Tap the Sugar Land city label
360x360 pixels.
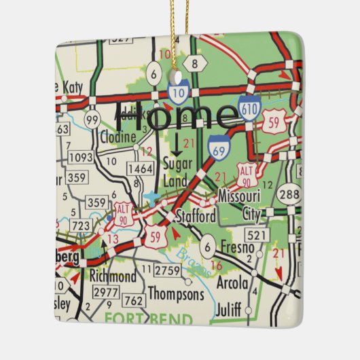click(179, 170)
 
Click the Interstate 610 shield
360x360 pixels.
click(249, 108)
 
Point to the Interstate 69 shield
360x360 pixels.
click(218, 147)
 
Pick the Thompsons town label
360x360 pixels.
click(175, 295)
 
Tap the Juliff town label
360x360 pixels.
click(228, 310)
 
